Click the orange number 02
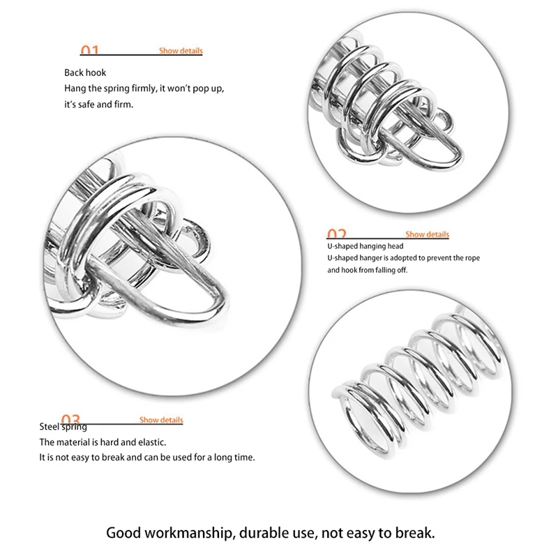point(336,234)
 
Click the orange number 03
point(70,419)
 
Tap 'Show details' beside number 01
point(181,51)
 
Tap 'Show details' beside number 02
point(428,234)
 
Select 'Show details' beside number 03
point(161,420)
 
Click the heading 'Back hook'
point(85,73)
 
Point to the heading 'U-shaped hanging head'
point(365,246)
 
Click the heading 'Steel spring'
point(63,427)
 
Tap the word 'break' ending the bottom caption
point(416,534)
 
